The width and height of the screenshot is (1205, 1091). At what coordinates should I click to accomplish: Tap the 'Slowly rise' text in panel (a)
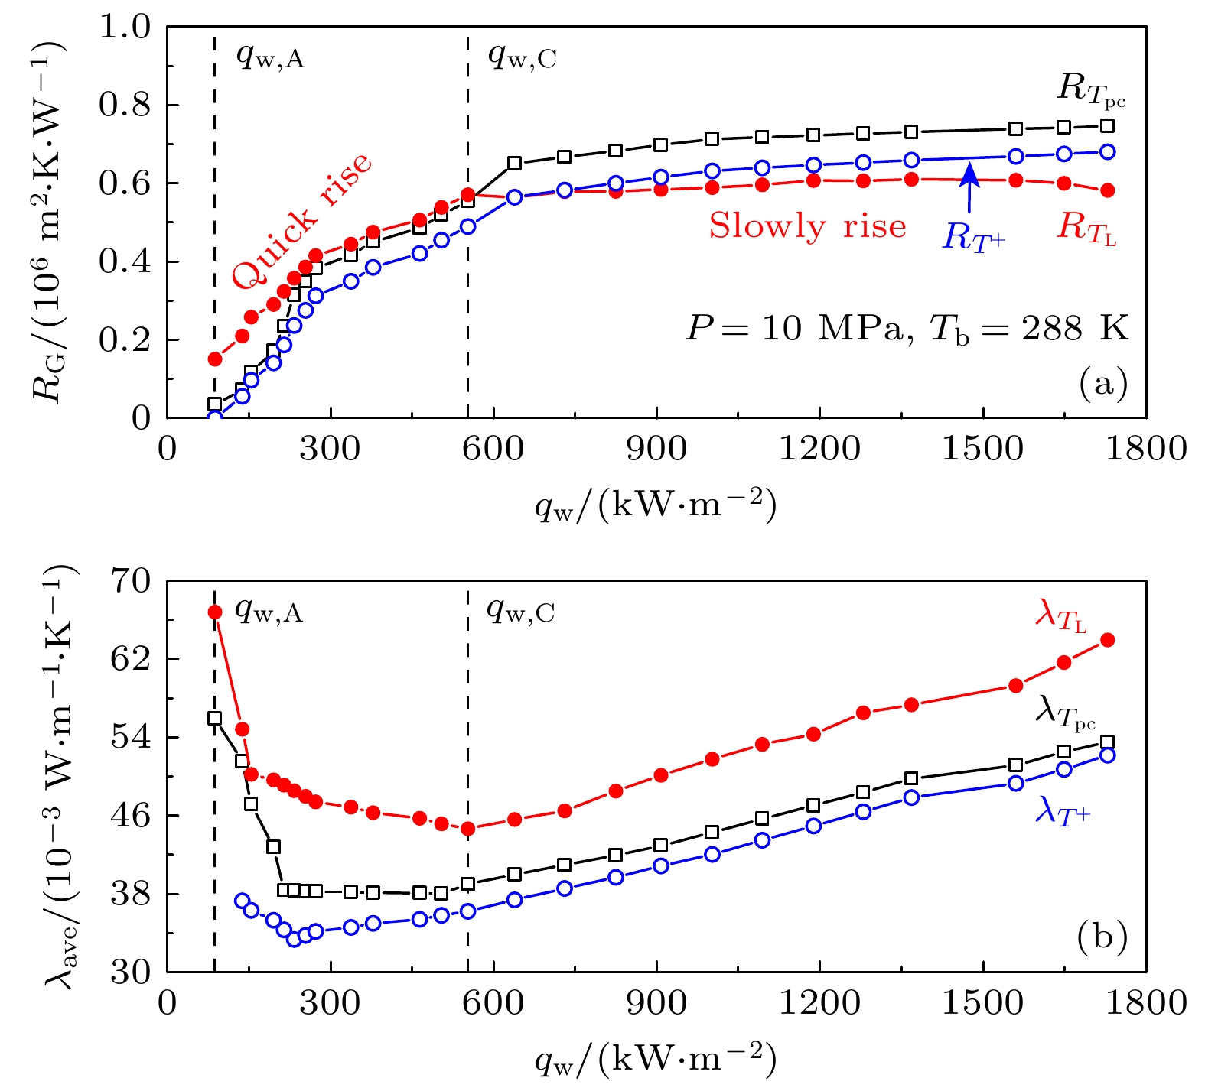pyautogui.click(x=807, y=226)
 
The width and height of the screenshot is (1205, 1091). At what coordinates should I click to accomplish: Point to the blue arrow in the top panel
pyautogui.click(x=969, y=188)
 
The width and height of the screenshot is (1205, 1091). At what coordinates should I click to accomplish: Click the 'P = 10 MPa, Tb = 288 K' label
pyautogui.click(x=907, y=329)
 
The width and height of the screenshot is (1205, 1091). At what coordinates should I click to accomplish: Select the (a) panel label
pyautogui.click(x=1102, y=383)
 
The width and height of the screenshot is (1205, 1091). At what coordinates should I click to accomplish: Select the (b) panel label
pyautogui.click(x=1102, y=937)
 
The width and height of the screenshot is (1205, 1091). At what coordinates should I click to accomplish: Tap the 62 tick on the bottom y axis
pyautogui.click(x=130, y=659)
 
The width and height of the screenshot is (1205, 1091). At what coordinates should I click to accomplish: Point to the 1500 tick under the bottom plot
pyautogui.click(x=982, y=1003)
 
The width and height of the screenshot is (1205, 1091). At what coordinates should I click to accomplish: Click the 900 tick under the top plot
pyautogui.click(x=656, y=450)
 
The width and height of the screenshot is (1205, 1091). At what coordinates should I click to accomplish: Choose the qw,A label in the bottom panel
pyautogui.click(x=269, y=611)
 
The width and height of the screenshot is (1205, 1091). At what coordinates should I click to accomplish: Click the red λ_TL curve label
pyautogui.click(x=1060, y=615)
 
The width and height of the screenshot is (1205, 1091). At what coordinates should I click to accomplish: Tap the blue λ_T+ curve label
pyautogui.click(x=1062, y=810)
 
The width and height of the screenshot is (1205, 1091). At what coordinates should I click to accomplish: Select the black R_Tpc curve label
pyautogui.click(x=1090, y=91)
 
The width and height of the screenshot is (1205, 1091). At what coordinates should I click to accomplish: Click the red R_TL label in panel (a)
pyautogui.click(x=1086, y=228)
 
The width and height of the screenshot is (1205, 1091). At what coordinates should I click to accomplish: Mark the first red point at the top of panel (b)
pyautogui.click(x=215, y=612)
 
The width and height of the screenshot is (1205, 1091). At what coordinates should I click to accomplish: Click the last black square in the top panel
pyautogui.click(x=1107, y=126)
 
